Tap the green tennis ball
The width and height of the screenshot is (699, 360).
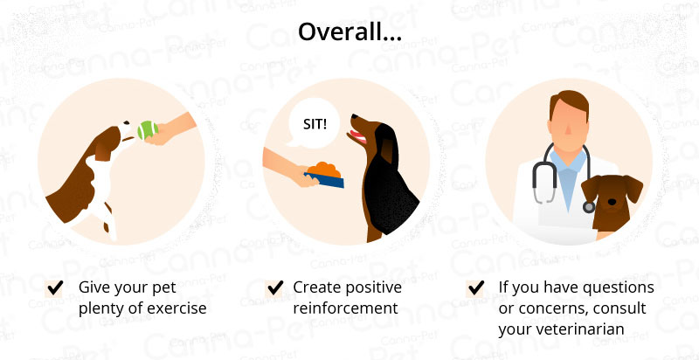[x=148, y=130]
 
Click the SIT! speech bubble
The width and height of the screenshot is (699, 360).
[x=313, y=123]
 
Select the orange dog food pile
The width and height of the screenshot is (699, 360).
[x=327, y=170]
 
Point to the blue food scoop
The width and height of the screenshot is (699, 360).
[x=324, y=179]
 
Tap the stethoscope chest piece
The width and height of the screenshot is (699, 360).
[x=588, y=207]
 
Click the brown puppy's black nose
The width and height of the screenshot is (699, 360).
[x=612, y=202]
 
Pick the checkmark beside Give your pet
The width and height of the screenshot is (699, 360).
[x=55, y=288]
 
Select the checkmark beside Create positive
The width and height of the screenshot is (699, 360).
[x=275, y=288]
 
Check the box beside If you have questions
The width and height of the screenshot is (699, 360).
[x=475, y=288]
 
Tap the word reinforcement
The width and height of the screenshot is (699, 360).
[x=345, y=308]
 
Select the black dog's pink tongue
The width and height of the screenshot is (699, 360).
[x=358, y=136]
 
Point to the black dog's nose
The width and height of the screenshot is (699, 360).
[x=354, y=116]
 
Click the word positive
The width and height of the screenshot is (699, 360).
[x=375, y=288]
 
